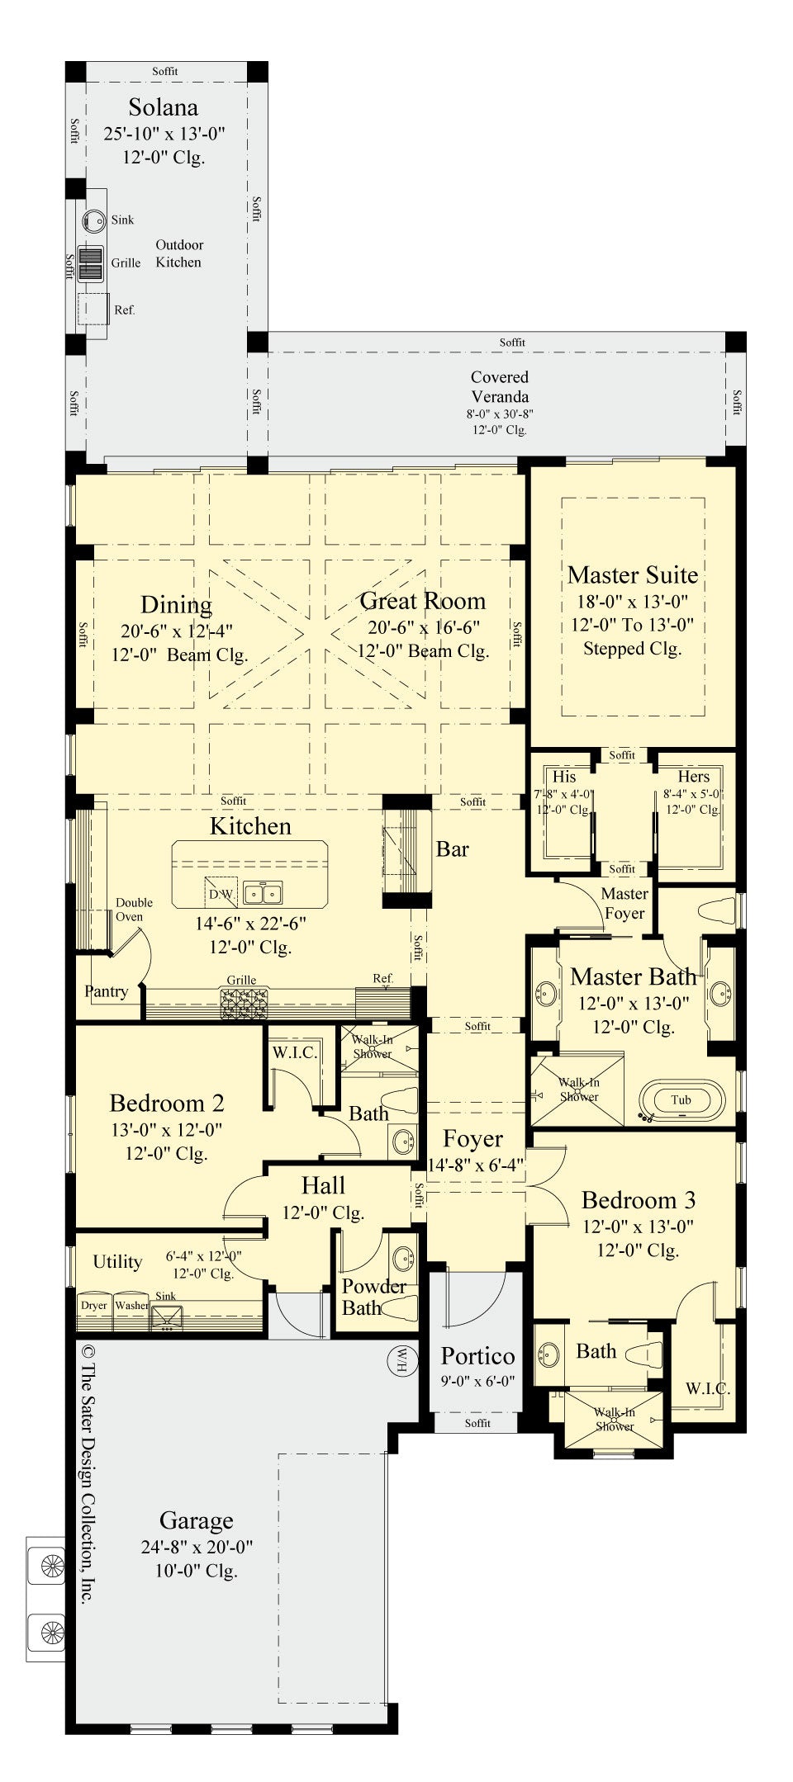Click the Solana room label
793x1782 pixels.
tap(163, 107)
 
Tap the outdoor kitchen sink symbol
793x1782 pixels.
tap(93, 220)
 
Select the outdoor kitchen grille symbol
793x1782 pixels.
tap(90, 263)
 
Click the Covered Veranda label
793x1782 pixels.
tap(500, 386)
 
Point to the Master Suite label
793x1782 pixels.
tap(633, 574)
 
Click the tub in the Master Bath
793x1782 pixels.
tap(681, 1100)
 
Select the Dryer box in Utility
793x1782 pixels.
tap(94, 1306)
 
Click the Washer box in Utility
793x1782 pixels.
tap(131, 1306)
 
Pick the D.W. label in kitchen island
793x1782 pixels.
tap(221, 894)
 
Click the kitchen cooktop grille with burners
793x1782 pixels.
tap(244, 1003)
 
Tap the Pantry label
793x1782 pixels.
tap(107, 991)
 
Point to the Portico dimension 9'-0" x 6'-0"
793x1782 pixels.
tap(477, 1381)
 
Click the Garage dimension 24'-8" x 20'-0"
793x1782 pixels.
tap(197, 1547)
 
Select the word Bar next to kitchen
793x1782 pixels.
tap(452, 849)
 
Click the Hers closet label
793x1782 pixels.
tap(693, 777)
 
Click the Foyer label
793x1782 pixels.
tap(472, 1139)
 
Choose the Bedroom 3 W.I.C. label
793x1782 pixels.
tap(707, 1388)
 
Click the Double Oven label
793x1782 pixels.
tap(133, 910)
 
